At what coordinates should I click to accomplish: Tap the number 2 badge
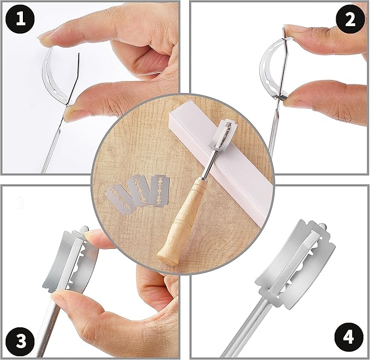point(350,20)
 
